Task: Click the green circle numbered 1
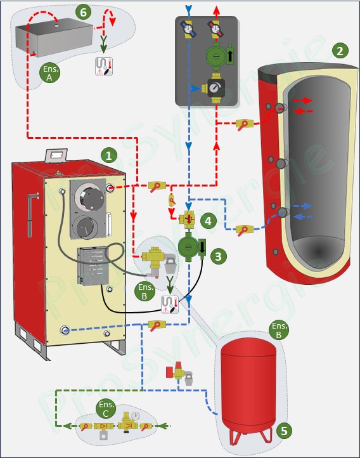coord(108,155)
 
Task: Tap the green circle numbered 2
coord(340,51)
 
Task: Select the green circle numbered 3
coord(218,256)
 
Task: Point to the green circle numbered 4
coord(208,221)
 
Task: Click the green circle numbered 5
coord(284,431)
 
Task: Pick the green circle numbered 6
coord(83,12)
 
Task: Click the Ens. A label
coord(50,73)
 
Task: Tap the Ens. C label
coord(106,409)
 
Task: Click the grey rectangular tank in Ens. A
coord(55,37)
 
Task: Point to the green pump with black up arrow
coord(219,55)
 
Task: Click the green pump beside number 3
coord(191,246)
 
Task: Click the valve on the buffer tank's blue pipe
coord(243,230)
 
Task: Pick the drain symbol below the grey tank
coord(104,67)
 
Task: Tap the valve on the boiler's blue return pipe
coord(157,325)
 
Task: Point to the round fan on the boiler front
coord(89,197)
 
